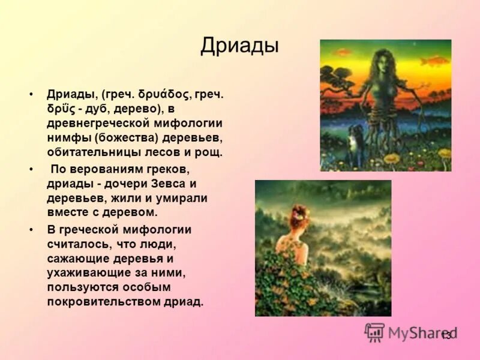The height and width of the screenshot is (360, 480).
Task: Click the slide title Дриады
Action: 239,46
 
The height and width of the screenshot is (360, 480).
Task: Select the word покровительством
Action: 106,302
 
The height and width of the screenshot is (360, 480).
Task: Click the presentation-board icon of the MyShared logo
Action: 374,332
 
